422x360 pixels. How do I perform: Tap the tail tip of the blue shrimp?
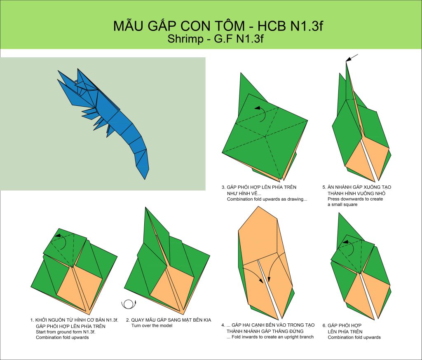(x=145, y=179)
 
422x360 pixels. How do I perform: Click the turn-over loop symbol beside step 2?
(x=129, y=304)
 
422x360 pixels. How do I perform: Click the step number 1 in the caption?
(x=32, y=320)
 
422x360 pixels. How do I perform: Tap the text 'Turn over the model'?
(x=152, y=325)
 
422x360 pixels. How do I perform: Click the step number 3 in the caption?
(x=223, y=187)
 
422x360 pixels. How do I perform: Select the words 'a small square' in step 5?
(x=342, y=204)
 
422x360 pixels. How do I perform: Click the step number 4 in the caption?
(x=223, y=325)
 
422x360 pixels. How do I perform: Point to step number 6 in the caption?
(x=324, y=325)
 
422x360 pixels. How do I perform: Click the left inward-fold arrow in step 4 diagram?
(x=253, y=274)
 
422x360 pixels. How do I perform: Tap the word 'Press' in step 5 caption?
(x=333, y=199)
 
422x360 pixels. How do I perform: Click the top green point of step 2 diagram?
(x=145, y=208)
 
